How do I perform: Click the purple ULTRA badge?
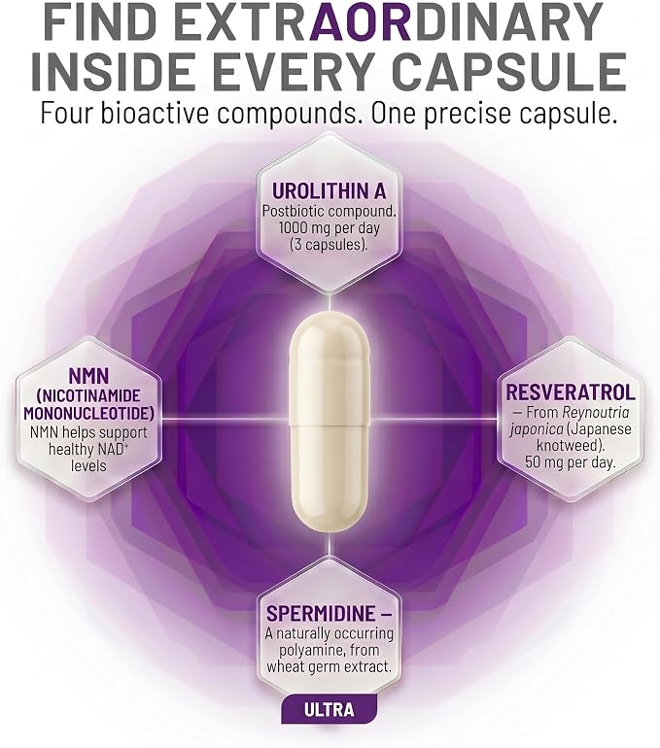click(x=329, y=709)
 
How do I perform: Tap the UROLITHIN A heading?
click(x=329, y=191)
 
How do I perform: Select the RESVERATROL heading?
click(x=571, y=392)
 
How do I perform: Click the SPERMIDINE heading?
click(x=330, y=613)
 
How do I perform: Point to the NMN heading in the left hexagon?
click(x=88, y=376)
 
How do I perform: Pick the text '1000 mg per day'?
click(x=329, y=227)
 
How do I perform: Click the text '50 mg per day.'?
click(x=571, y=461)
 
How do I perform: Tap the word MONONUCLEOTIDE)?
click(x=89, y=413)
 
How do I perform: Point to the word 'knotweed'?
click(x=567, y=445)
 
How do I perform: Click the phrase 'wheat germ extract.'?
click(x=329, y=666)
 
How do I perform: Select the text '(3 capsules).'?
click(x=329, y=244)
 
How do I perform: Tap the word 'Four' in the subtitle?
click(x=67, y=114)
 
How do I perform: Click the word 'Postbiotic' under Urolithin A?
click(x=294, y=211)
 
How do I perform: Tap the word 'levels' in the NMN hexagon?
click(x=88, y=465)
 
